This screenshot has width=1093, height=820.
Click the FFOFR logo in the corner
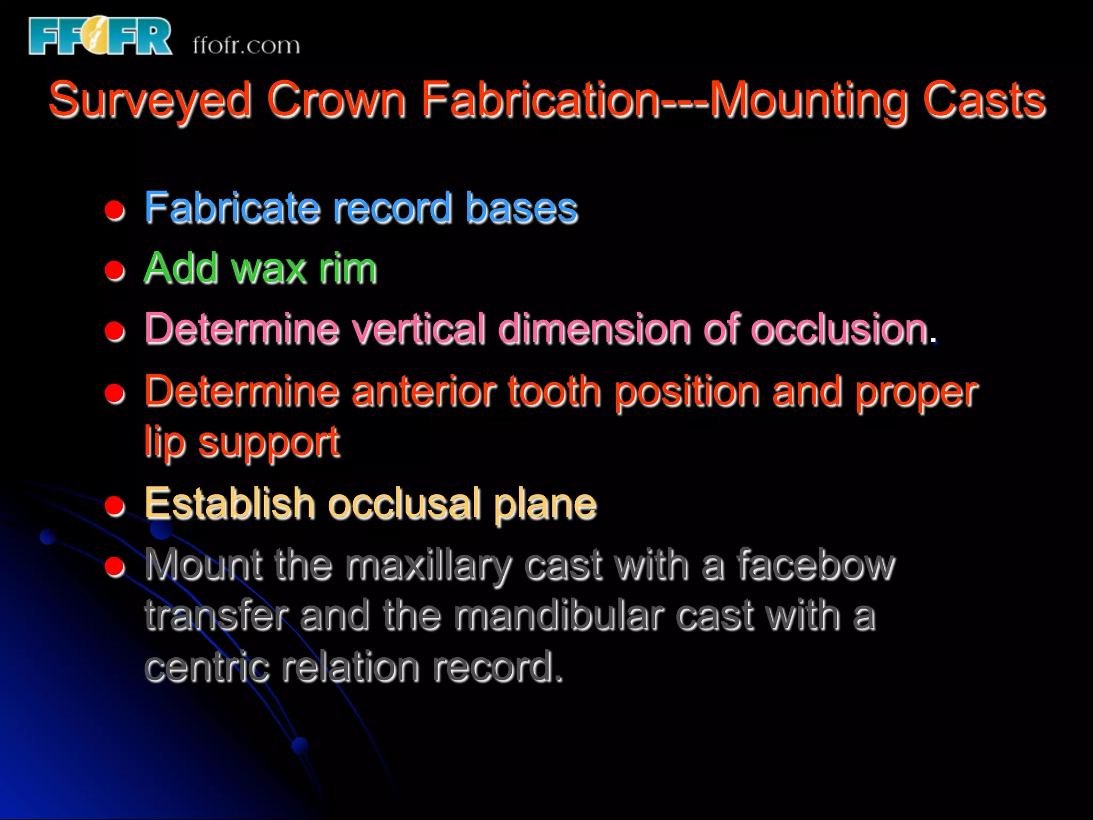[100, 36]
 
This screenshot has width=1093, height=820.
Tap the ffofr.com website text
[246, 45]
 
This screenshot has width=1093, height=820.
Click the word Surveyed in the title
[150, 100]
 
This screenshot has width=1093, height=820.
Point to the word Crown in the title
[336, 100]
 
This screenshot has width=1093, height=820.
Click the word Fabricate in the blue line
[232, 208]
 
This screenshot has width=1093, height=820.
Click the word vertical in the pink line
[418, 329]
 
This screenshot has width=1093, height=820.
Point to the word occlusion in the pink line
[839, 329]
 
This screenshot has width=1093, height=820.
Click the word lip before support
[164, 443]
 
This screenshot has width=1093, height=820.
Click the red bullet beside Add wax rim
[115, 271]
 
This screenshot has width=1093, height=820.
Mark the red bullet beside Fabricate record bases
[115, 210]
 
